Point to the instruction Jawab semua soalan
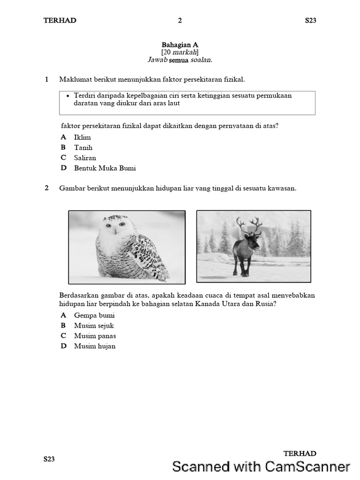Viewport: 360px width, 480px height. pos(180,60)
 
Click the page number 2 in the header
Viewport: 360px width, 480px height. pos(180,20)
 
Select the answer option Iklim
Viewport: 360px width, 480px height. pos(82,137)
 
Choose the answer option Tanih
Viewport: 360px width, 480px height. pos(83,148)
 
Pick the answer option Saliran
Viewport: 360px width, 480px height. pos(85,158)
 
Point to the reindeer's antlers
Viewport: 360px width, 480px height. pos(249,225)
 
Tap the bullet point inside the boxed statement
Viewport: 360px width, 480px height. pos(68,96)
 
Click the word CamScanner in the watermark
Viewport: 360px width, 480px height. pos(307,466)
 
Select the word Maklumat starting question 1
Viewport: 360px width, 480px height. pos(74,79)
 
